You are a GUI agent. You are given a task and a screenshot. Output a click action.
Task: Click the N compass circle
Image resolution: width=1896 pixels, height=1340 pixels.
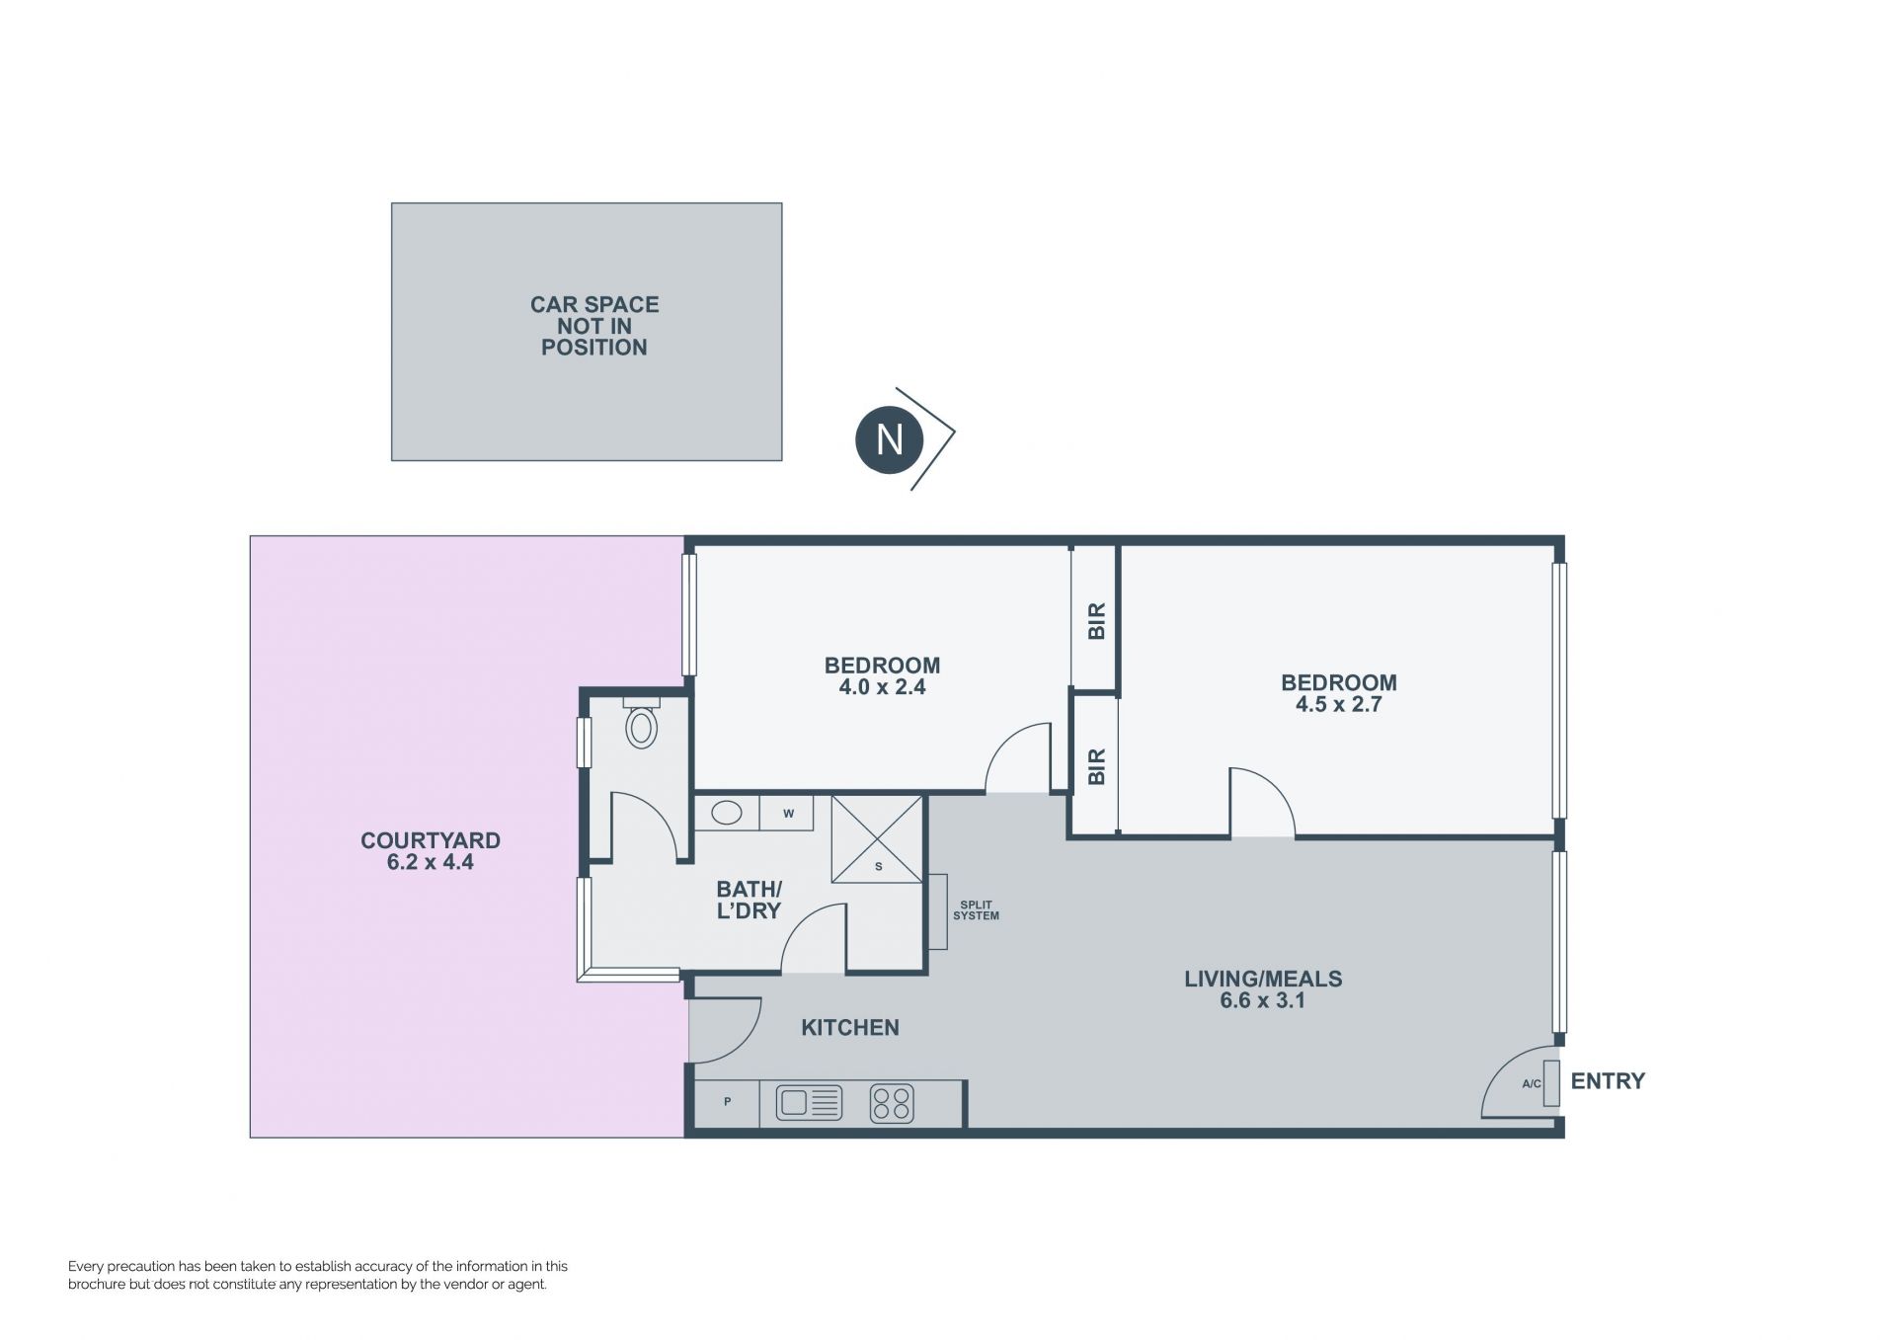coord(889,438)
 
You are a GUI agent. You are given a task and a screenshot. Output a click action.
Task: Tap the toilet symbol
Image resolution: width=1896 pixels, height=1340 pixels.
coord(641,723)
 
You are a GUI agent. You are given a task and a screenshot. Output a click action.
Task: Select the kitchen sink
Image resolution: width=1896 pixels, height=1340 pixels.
coord(809,1102)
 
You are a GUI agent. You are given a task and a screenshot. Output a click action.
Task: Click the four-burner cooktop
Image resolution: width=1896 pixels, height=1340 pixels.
coord(892,1103)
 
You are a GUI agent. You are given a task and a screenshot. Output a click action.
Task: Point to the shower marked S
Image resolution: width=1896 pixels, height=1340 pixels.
coord(877,839)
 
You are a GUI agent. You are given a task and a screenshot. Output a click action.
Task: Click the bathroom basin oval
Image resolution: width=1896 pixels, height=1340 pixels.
coord(727,813)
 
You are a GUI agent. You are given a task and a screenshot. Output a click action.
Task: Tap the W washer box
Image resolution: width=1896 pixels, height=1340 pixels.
coord(787,814)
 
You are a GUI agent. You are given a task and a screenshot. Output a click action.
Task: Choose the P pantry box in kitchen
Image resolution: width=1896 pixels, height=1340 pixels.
coord(727,1102)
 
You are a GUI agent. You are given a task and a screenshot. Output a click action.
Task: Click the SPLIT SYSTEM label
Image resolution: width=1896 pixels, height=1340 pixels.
coord(976,910)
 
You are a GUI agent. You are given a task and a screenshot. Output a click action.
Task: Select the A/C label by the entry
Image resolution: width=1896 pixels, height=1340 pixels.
coord(1531,1083)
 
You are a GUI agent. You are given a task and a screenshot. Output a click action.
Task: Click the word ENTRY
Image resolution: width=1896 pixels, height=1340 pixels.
coord(1608,1081)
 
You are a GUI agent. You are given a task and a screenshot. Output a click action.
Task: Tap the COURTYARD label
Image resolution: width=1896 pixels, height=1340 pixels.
coord(431,840)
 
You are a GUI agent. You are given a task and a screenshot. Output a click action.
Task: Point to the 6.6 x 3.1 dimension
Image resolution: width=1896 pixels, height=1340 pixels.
coord(1263,1000)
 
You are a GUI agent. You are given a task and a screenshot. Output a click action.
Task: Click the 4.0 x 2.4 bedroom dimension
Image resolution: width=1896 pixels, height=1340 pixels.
coord(882,687)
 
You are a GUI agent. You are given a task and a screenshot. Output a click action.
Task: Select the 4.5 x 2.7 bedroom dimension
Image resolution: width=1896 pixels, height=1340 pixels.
coord(1338,704)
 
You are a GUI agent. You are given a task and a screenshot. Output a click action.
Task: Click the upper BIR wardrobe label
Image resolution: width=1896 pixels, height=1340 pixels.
coord(1096,620)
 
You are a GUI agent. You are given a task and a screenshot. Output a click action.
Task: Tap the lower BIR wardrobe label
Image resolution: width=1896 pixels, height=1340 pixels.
coord(1096,766)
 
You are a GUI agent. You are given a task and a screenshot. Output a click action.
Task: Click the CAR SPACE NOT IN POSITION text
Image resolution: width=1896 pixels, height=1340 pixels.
coord(594,326)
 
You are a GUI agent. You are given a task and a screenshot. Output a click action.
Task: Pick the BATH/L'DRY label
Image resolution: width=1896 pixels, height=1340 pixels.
coord(749,900)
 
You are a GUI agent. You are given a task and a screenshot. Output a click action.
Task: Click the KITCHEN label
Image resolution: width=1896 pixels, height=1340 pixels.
coord(850,1028)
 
